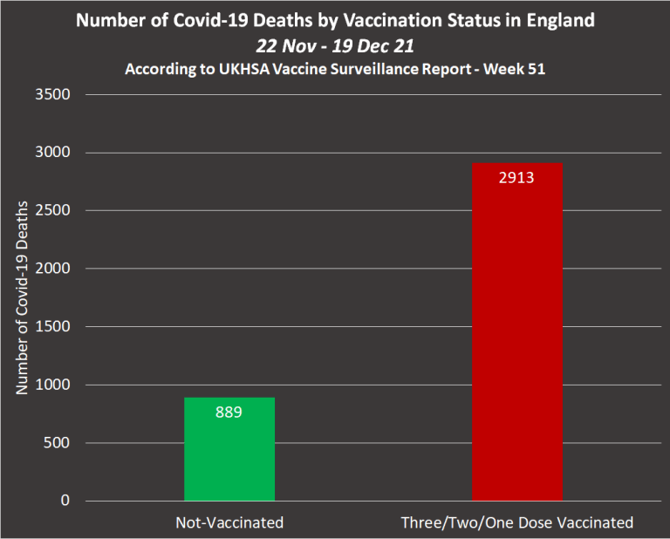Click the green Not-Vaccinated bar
(x=229, y=449)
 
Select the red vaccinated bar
(x=516, y=331)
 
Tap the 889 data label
(x=229, y=412)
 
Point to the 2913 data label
(x=516, y=178)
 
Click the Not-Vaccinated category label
(x=229, y=523)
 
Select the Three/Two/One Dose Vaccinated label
(x=516, y=523)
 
